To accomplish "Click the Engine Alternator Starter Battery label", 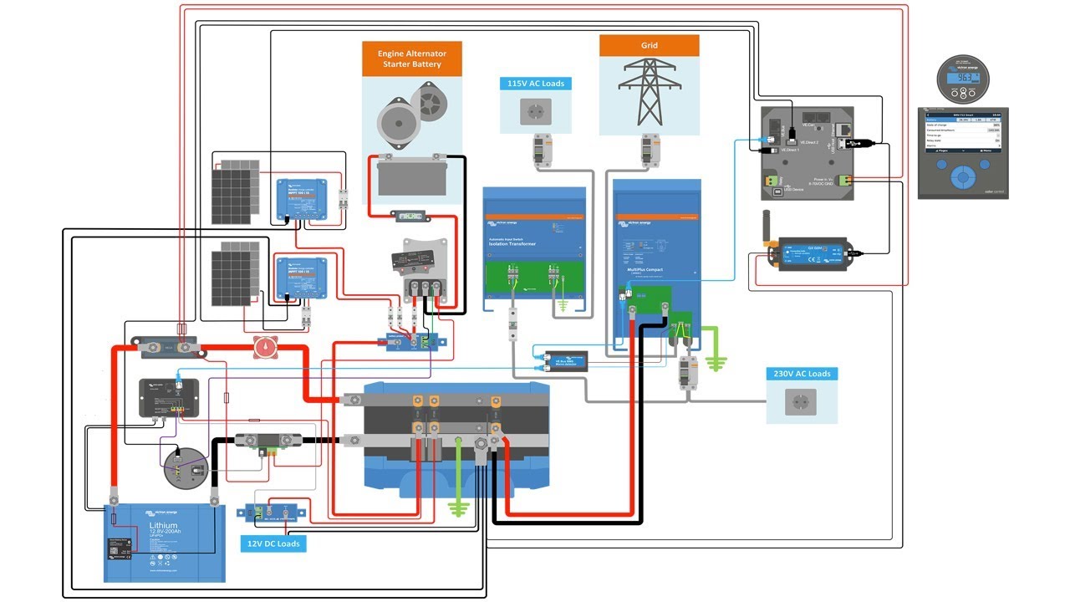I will (414, 59).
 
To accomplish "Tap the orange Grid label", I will (649, 45).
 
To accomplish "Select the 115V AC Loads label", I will (536, 84).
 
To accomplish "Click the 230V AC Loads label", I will (802, 374).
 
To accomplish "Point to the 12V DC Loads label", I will (272, 543).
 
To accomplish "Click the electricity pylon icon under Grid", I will (649, 92).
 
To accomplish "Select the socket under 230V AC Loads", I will (802, 403).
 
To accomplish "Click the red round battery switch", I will (265, 345).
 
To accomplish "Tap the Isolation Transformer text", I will (512, 243).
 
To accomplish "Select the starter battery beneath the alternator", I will (411, 177).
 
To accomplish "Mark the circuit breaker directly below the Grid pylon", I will (648, 150).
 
